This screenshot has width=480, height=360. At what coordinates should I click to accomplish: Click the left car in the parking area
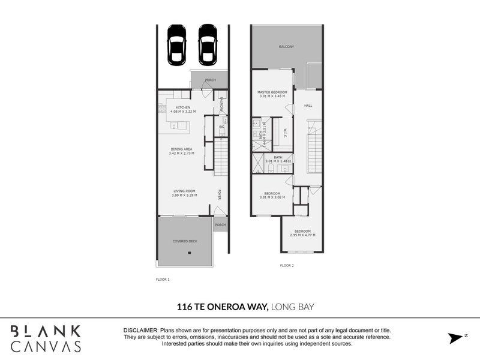[176, 44]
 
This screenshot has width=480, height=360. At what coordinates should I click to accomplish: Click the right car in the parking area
[207, 44]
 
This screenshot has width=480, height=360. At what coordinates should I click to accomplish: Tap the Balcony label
[286, 46]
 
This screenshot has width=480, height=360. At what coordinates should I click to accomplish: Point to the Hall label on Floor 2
[308, 106]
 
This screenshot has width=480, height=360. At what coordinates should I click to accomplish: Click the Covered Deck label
[185, 241]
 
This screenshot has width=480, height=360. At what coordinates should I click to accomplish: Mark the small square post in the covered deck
[190, 253]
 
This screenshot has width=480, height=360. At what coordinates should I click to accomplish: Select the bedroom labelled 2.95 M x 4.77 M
[302, 233]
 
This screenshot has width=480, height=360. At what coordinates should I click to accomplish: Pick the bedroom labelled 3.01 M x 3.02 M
[272, 195]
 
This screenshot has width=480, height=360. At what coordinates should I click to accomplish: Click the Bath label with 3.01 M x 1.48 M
[278, 159]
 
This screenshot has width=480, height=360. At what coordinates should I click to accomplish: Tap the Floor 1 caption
[163, 279]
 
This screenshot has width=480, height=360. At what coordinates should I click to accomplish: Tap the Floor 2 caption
[287, 265]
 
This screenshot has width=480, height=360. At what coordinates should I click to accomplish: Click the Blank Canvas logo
[46, 338]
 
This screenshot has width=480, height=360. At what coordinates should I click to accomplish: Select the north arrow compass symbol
[457, 338]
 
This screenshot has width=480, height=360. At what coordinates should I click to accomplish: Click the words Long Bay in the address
[293, 307]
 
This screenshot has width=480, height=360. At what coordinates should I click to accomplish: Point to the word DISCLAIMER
[140, 331]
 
